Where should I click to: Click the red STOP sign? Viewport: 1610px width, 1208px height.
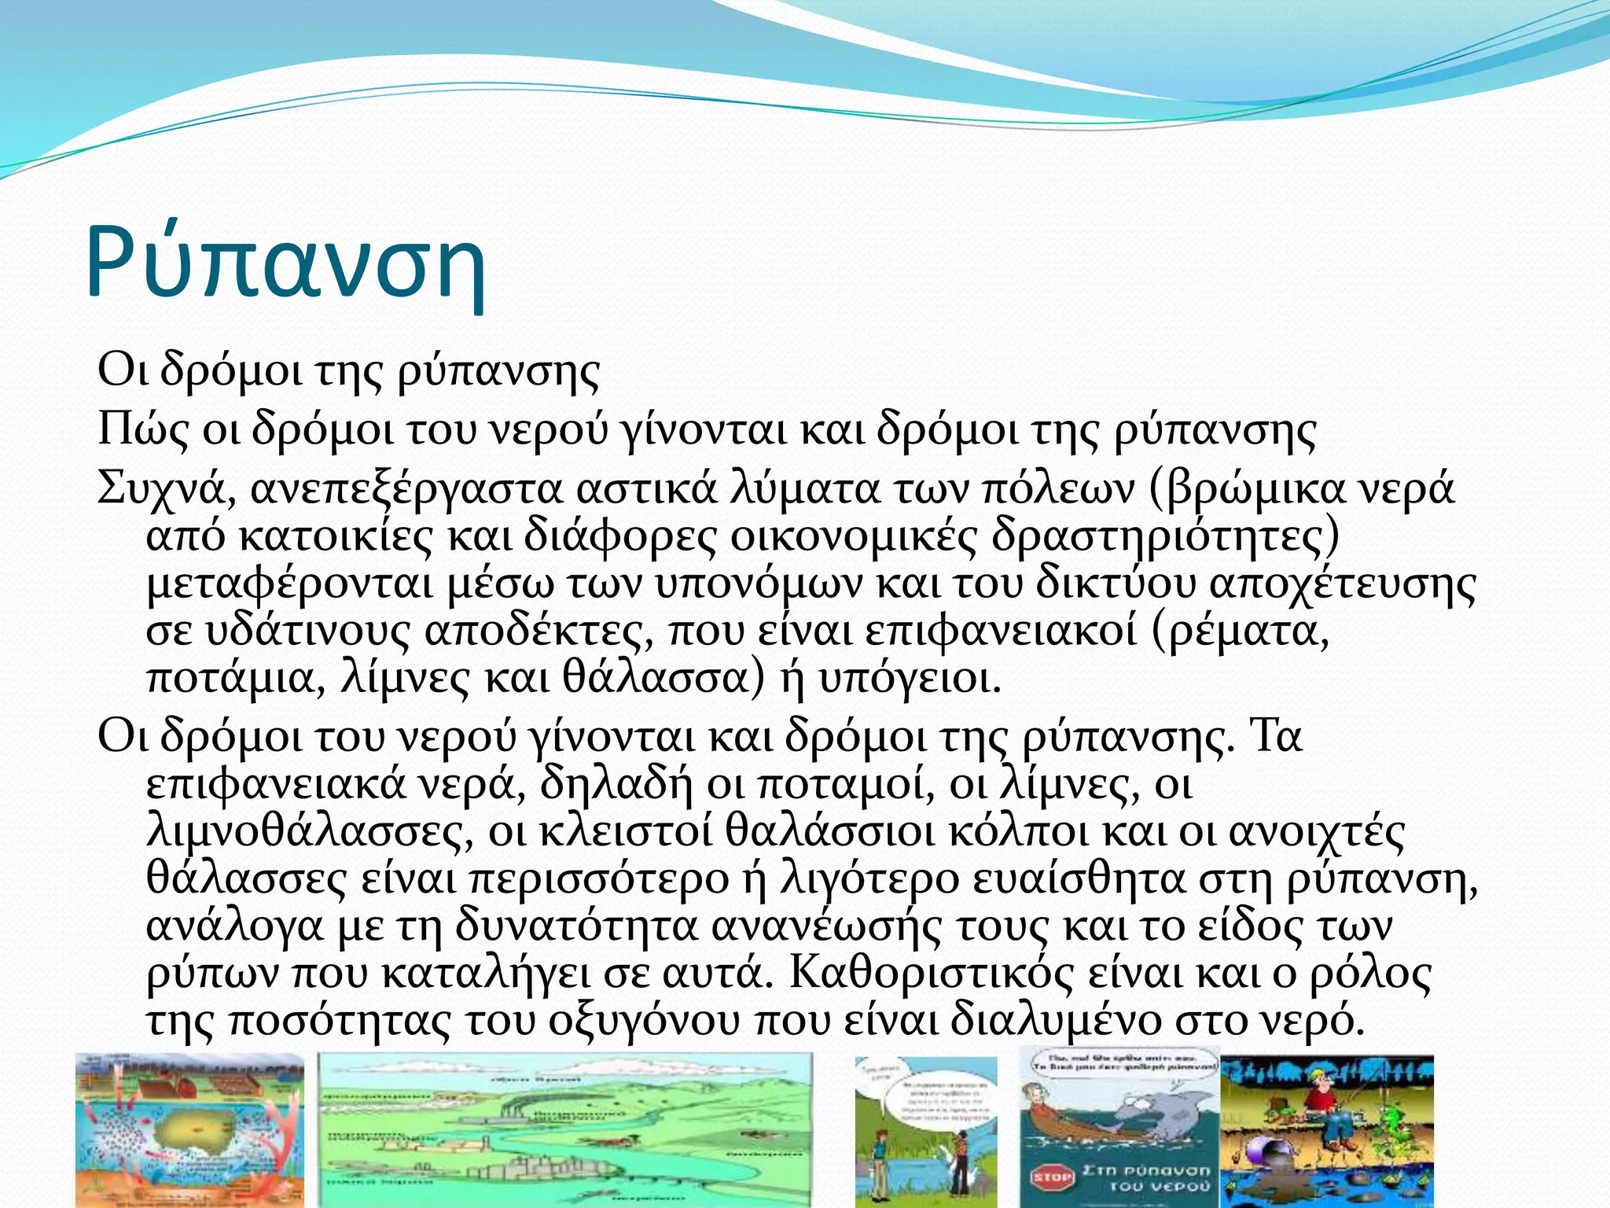[x=1052, y=1177]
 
